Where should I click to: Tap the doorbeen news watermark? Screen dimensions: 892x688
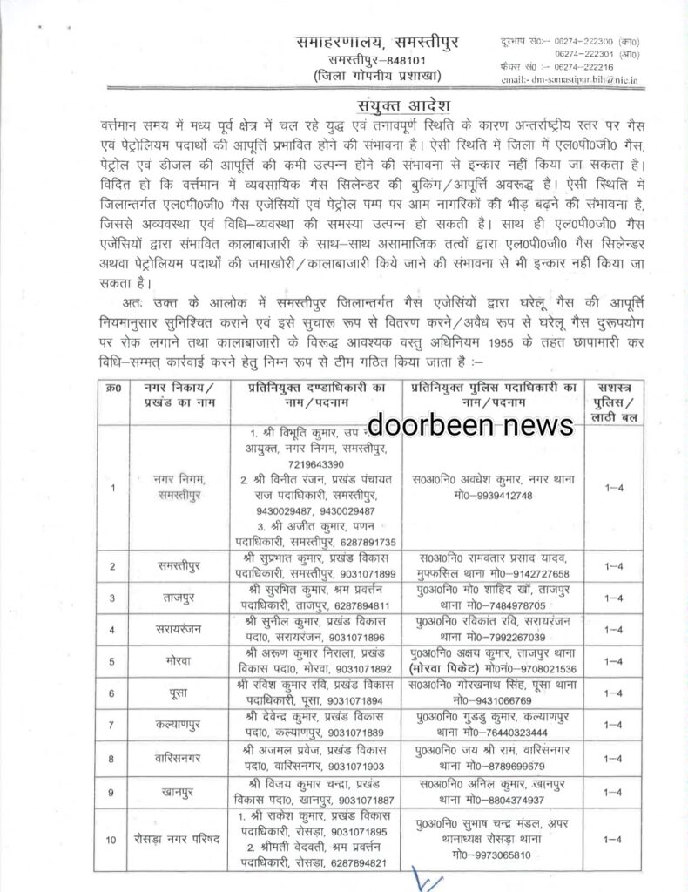coord(471,423)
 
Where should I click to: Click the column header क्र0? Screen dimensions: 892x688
coord(114,392)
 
